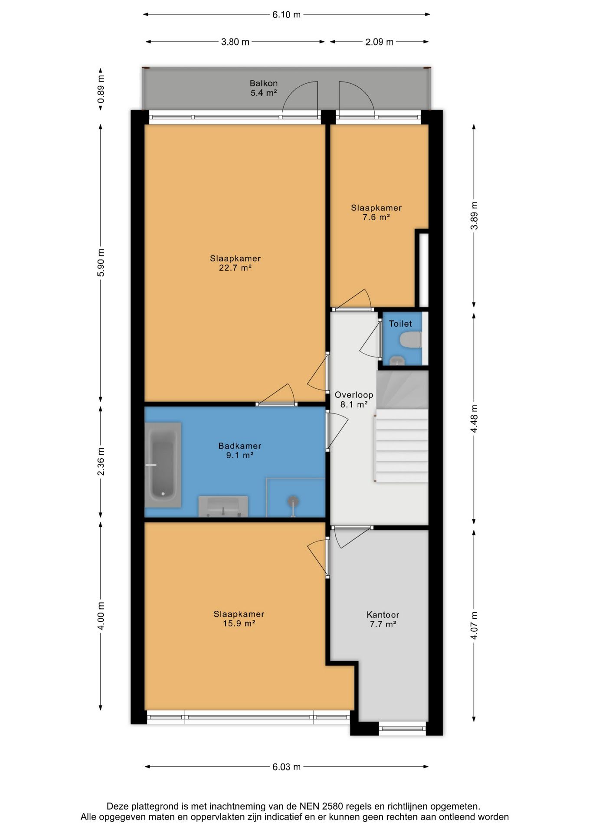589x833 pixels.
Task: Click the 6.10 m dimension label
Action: click(x=286, y=15)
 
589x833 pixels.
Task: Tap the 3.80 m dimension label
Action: click(x=235, y=42)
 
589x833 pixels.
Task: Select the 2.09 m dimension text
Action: click(x=379, y=42)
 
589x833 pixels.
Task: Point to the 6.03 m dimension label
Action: click(x=286, y=767)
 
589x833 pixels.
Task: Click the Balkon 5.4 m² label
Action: click(x=264, y=88)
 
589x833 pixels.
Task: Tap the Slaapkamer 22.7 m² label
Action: click(x=235, y=263)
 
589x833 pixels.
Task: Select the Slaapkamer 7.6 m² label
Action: click(x=376, y=213)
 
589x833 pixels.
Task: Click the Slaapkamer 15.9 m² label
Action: click(x=239, y=619)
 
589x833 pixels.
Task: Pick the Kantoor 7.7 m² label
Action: click(x=383, y=619)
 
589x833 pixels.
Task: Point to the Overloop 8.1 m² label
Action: click(x=354, y=400)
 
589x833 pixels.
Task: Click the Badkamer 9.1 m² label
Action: click(x=239, y=450)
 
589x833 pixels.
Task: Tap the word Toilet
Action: click(x=400, y=324)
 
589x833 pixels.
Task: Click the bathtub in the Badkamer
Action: click(x=163, y=465)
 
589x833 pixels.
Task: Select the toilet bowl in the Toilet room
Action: click(x=411, y=340)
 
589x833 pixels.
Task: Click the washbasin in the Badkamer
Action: click(x=223, y=506)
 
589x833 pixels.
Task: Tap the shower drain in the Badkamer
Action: click(x=293, y=502)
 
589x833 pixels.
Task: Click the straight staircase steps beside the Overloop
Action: click(x=402, y=446)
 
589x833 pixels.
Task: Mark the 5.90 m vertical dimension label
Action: click(x=101, y=263)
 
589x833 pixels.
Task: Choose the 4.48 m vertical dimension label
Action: click(x=474, y=419)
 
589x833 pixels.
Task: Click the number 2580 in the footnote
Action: click(x=332, y=807)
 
